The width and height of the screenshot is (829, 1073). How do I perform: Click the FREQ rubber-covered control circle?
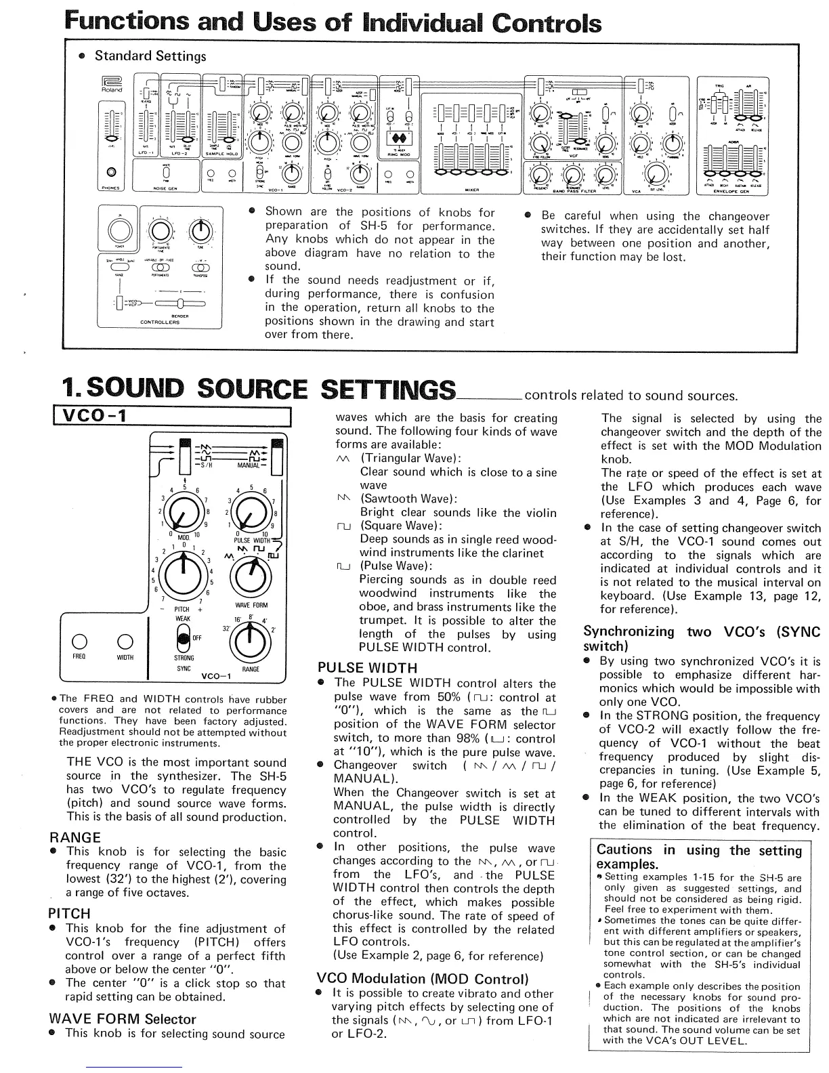point(79,641)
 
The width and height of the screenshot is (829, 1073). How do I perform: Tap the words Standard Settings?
point(150,56)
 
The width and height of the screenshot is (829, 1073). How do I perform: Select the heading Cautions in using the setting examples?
point(698,857)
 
